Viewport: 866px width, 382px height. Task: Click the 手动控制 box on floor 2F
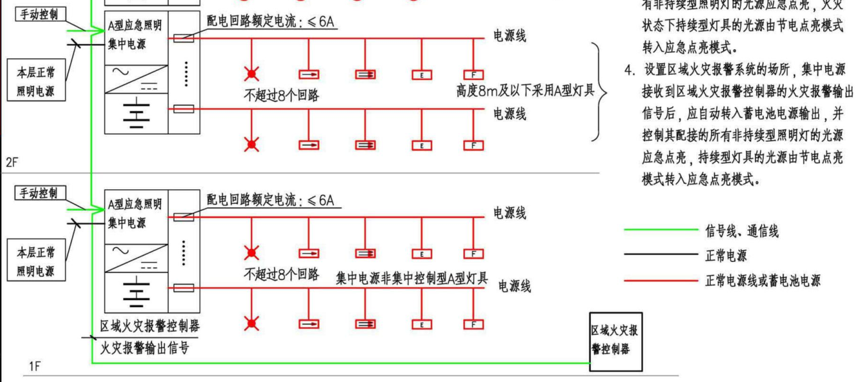(x=40, y=14)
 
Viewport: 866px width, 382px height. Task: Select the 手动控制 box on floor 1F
(x=40, y=193)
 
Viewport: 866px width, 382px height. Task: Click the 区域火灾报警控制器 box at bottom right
(x=616, y=341)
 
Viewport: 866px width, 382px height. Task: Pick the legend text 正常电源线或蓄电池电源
(x=763, y=280)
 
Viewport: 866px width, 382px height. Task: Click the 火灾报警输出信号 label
(x=145, y=348)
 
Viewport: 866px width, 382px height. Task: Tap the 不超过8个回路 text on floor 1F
(x=281, y=275)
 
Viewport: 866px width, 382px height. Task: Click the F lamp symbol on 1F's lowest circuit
(x=473, y=324)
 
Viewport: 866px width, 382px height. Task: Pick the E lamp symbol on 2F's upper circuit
(x=422, y=75)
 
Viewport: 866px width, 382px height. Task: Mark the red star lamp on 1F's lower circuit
(x=252, y=324)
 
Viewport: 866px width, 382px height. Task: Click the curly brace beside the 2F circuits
(x=599, y=91)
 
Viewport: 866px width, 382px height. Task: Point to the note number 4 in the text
(x=628, y=69)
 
